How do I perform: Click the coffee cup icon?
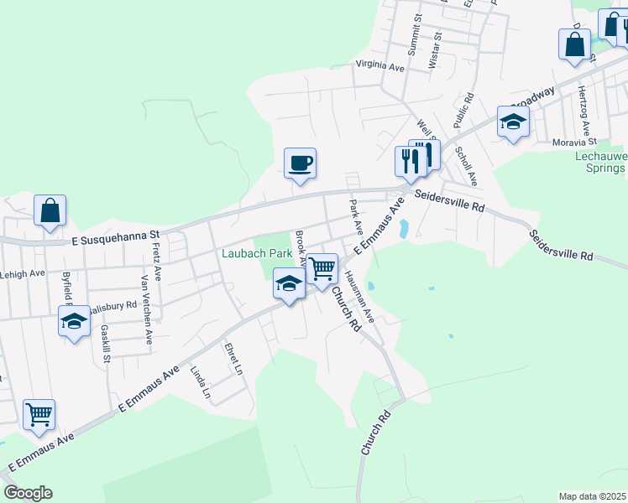point(300,163)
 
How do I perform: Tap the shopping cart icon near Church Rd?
point(322,269)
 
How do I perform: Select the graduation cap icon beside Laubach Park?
point(288,284)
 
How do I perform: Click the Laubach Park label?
point(256,253)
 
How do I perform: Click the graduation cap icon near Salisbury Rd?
point(74,321)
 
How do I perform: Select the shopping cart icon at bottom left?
point(39,414)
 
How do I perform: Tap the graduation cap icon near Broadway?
point(512,122)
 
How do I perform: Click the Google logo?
point(27,493)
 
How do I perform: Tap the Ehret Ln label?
point(233,358)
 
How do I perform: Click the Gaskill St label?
point(106,344)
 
